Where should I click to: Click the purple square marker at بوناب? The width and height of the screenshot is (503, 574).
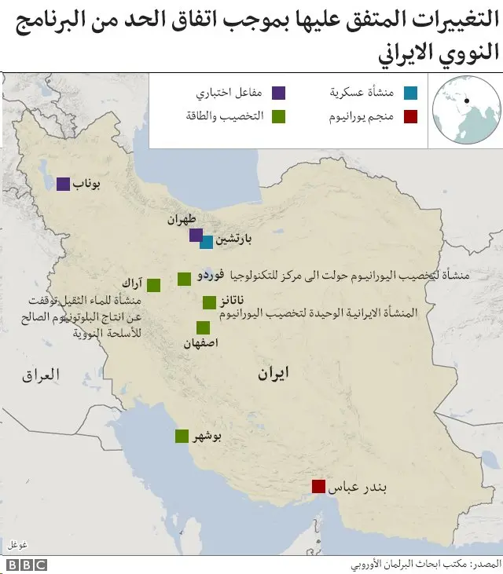(63, 184)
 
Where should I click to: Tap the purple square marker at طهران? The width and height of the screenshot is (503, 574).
(196, 235)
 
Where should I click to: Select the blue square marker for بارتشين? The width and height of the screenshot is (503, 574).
(206, 242)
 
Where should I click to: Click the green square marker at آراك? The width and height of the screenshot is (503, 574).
(154, 285)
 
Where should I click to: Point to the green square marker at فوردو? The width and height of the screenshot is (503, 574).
(184, 278)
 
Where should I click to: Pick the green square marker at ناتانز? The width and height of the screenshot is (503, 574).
(209, 302)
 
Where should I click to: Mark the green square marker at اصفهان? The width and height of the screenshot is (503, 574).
(203, 328)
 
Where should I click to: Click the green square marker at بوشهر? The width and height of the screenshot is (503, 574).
(182, 437)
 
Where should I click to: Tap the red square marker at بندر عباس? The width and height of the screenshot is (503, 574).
(318, 486)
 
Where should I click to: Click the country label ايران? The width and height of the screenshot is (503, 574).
(273, 375)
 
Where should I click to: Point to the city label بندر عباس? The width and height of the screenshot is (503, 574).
(358, 488)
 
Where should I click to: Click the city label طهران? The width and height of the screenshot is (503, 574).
(182, 221)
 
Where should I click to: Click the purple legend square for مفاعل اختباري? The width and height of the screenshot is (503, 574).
(278, 93)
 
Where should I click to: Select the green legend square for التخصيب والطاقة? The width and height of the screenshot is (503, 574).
(278, 117)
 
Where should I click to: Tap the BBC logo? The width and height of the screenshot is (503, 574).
(28, 565)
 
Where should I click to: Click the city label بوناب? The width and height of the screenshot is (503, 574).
(88, 185)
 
